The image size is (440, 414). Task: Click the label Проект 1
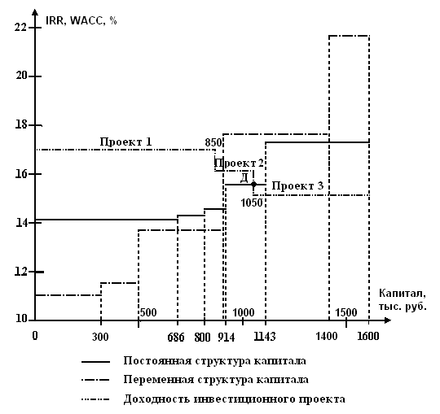[x=125, y=142]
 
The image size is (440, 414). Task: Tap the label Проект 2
[x=240, y=163]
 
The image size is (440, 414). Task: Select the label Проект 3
[x=297, y=185]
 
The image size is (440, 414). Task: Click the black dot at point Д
[x=253, y=185]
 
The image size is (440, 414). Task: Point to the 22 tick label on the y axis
[x=20, y=28]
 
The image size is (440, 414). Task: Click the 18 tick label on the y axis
[x=20, y=124]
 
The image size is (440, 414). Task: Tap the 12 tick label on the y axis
[x=20, y=272]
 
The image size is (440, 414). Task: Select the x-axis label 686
[x=176, y=337]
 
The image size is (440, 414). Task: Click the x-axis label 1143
[x=265, y=337]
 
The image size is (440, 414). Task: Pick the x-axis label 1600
[x=367, y=336]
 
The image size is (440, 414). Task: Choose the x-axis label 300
[x=100, y=337]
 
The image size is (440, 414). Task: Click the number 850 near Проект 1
[x=213, y=142]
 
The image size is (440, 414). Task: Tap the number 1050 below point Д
[x=252, y=203]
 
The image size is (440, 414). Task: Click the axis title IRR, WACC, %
[x=81, y=20]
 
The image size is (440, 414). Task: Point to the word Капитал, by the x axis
[x=403, y=294]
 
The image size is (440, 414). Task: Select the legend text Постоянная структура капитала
[x=214, y=360]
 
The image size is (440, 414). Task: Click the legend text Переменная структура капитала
[x=216, y=380]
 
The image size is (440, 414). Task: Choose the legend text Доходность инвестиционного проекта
[x=235, y=399]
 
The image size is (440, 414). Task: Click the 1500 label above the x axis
[x=346, y=312]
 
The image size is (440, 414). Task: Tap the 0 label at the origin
[x=35, y=335]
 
